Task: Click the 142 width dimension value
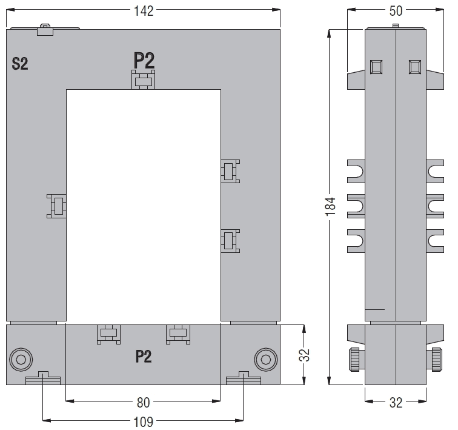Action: click(x=144, y=11)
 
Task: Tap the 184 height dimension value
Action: click(x=330, y=207)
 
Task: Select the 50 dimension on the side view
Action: click(x=396, y=11)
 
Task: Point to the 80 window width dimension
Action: click(x=143, y=403)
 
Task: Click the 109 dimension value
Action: click(x=143, y=422)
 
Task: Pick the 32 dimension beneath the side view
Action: click(x=396, y=403)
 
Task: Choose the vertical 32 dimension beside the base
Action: click(x=304, y=355)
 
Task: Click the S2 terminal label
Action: click(x=20, y=64)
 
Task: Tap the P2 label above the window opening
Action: click(x=144, y=60)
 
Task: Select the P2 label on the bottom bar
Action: click(x=144, y=357)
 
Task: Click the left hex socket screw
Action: click(x=21, y=360)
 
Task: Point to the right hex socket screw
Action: click(x=266, y=360)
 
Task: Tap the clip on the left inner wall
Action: click(x=57, y=206)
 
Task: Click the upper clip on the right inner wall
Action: click(x=230, y=171)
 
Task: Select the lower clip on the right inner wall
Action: click(x=230, y=241)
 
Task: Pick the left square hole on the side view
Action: click(x=376, y=67)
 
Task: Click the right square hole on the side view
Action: click(x=415, y=67)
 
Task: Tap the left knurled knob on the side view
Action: click(x=355, y=360)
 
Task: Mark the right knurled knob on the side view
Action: click(x=436, y=360)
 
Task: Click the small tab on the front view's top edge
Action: click(x=45, y=30)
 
